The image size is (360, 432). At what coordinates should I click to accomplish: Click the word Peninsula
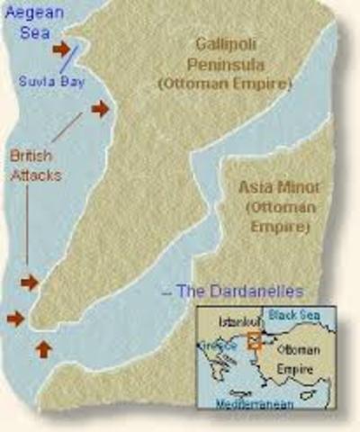(x=238, y=64)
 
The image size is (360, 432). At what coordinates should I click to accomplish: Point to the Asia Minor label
(x=274, y=188)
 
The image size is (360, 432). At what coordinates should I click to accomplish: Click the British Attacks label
(x=36, y=165)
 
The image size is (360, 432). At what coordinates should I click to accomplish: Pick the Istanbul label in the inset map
(x=235, y=320)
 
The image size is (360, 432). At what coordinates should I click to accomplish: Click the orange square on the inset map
(x=255, y=340)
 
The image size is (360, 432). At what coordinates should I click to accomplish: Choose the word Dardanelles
(x=253, y=291)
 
